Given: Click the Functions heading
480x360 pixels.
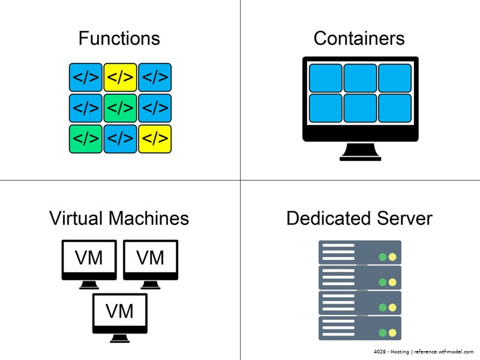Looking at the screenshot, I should [119, 39].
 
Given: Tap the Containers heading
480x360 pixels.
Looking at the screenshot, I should [359, 39].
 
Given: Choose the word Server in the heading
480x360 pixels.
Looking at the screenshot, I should [403, 218].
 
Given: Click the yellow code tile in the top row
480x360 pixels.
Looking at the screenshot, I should [121, 77].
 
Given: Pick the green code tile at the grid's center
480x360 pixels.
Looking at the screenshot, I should [121, 108].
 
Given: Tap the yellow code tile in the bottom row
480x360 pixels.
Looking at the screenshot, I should [155, 139].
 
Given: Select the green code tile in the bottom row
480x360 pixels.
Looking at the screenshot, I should [86, 139].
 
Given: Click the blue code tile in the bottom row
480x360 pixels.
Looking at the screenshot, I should [121, 139].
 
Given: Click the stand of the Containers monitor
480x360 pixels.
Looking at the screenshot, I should [360, 152].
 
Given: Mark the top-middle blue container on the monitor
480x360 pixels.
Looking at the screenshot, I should [360, 78].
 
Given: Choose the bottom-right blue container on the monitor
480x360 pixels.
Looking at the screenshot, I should [395, 108].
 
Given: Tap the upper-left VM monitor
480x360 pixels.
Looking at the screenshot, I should [89, 259].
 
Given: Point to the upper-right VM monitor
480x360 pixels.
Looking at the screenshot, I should [151, 259].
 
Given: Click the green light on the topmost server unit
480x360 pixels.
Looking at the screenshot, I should [382, 257].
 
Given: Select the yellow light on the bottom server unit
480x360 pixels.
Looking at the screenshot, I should [392, 333].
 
